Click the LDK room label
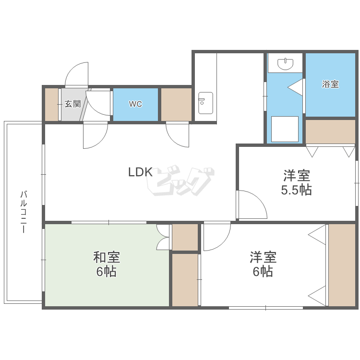140,172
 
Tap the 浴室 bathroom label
330,84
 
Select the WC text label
135,104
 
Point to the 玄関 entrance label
72,104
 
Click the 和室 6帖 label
106,264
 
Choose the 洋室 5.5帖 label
296,182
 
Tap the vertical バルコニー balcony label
23,212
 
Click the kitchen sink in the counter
205,102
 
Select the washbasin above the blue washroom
286,63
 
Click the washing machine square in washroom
285,129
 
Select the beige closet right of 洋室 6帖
342,264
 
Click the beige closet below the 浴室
330,132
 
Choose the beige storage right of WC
176,104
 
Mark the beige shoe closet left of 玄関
51,104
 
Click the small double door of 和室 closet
164,237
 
